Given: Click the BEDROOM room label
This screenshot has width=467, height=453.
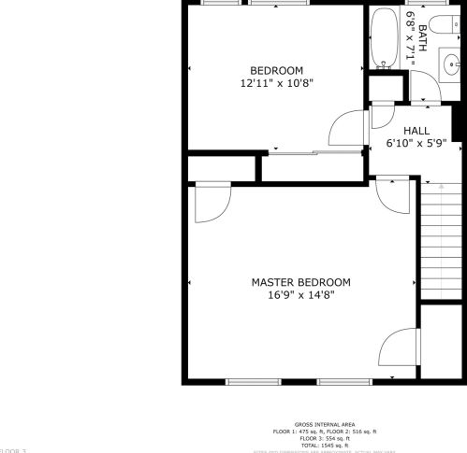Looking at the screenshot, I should pyautogui.click(x=276, y=70).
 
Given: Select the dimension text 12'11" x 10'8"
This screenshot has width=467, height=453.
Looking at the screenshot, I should pyautogui.click(x=276, y=82).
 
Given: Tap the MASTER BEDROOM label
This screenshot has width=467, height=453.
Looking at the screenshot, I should pyautogui.click(x=300, y=282).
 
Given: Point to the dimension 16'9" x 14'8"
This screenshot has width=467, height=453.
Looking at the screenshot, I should pyautogui.click(x=300, y=295).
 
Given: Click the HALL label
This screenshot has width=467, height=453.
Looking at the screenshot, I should pyautogui.click(x=416, y=131).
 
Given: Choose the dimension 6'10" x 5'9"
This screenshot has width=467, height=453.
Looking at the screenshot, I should pyautogui.click(x=416, y=144).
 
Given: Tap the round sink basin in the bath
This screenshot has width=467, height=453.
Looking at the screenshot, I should pyautogui.click(x=451, y=64).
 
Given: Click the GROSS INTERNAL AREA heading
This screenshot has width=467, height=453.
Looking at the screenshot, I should pyautogui.click(x=323, y=423).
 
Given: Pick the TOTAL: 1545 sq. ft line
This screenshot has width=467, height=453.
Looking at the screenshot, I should pyautogui.click(x=324, y=444).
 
